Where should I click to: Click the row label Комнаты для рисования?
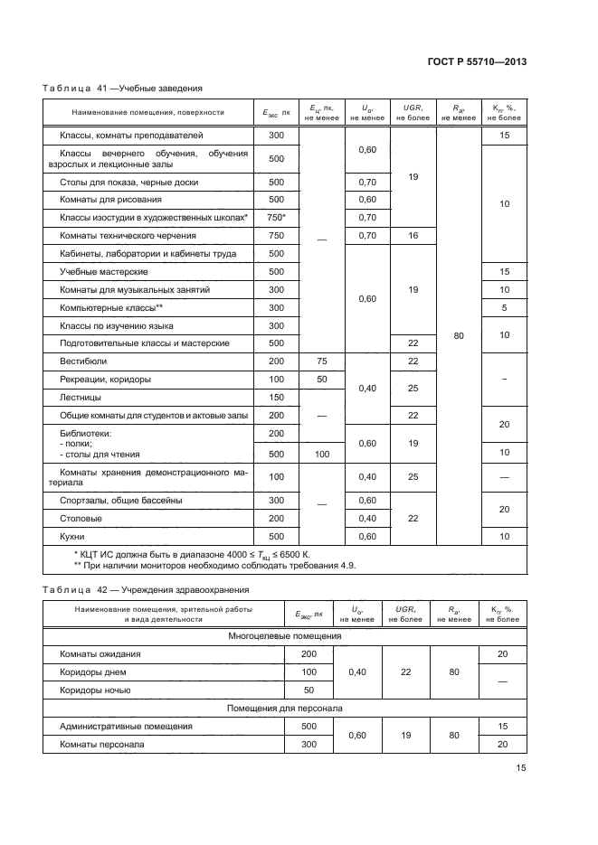(111, 199)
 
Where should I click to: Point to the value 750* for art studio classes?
(276, 218)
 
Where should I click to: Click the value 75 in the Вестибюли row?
(321, 361)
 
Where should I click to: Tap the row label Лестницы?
(81, 397)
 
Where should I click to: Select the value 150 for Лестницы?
(276, 397)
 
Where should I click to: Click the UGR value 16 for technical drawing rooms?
(412, 235)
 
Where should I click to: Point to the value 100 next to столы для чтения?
(321, 454)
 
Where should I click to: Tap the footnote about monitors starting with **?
(214, 565)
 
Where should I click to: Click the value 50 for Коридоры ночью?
(308, 690)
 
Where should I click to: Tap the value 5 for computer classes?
(504, 308)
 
